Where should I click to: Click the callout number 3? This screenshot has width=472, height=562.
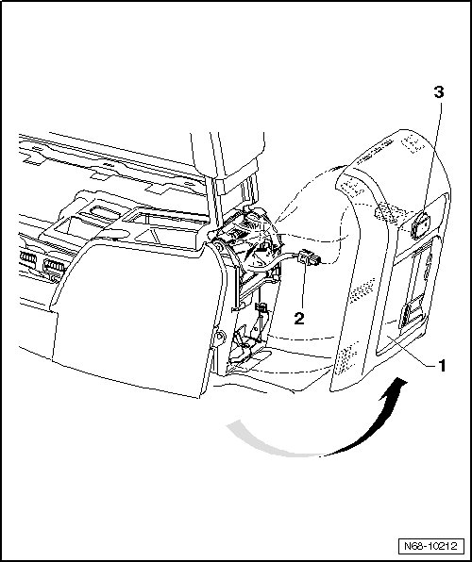[x=439, y=92]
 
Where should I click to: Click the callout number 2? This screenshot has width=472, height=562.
[x=299, y=319]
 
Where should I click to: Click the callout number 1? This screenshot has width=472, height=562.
[x=442, y=366]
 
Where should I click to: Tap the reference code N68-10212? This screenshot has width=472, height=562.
[x=430, y=547]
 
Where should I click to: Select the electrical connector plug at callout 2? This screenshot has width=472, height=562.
[x=307, y=256]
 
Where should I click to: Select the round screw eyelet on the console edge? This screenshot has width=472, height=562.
[x=220, y=337]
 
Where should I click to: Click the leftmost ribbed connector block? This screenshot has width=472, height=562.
[x=28, y=258]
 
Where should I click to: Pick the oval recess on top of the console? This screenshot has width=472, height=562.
[x=104, y=211]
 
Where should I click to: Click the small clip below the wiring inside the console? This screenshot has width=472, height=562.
[x=261, y=306]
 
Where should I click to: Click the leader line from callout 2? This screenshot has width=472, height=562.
[x=303, y=286]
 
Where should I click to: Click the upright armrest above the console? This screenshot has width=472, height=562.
[x=229, y=169]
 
